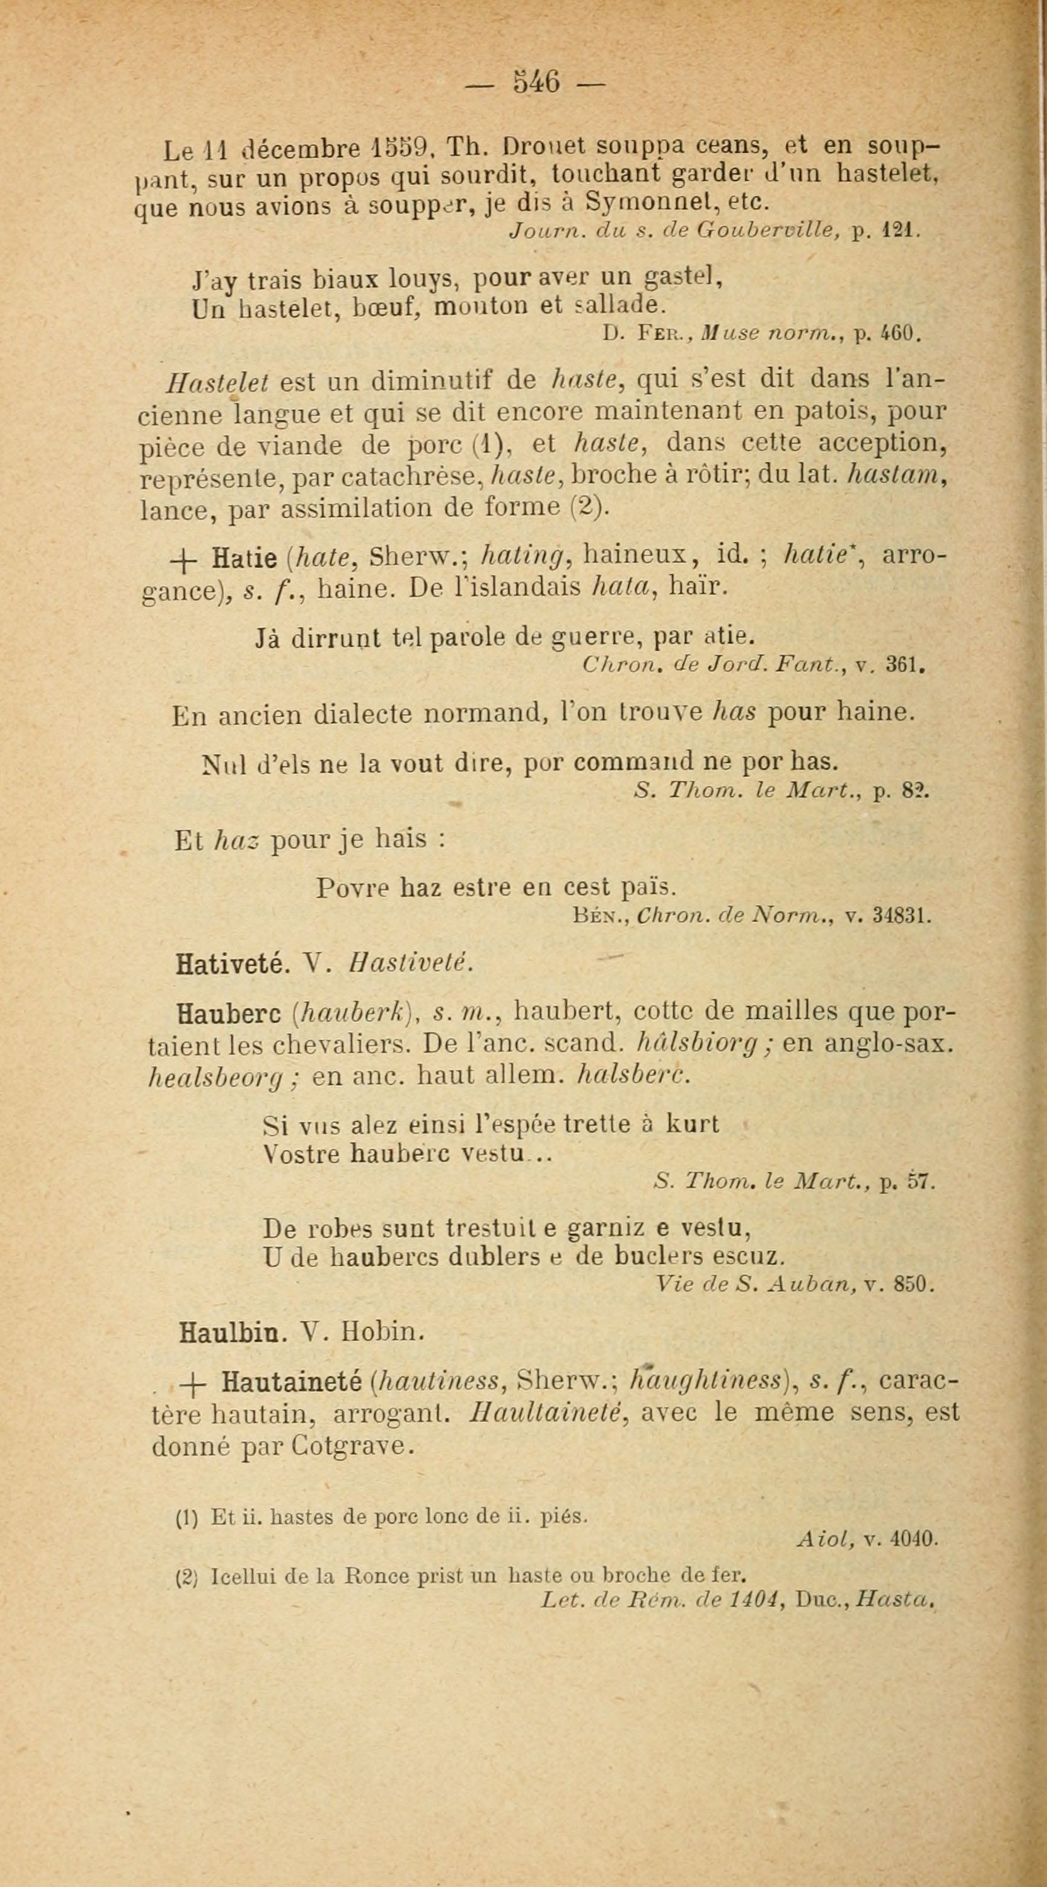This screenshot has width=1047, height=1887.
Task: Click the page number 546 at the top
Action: (x=537, y=80)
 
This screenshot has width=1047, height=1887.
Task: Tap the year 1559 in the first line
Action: (x=405, y=149)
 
